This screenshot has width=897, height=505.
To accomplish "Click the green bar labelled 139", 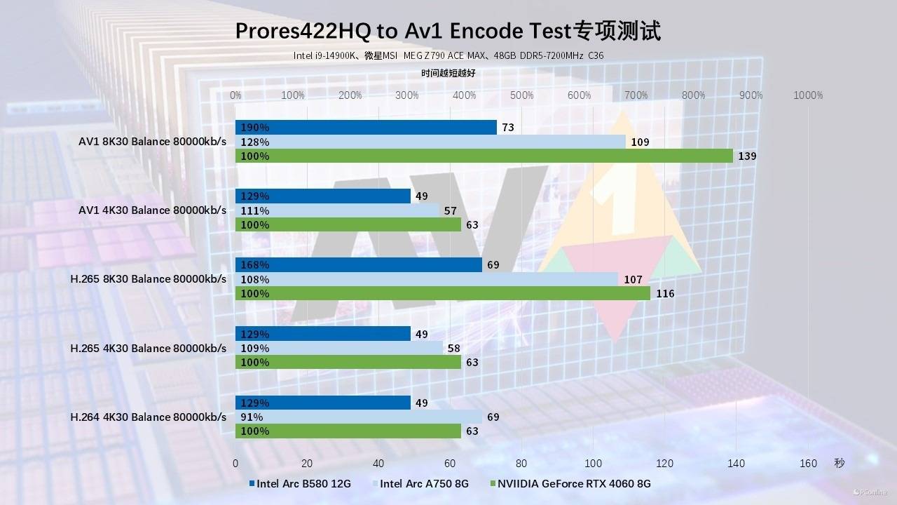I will [484, 156].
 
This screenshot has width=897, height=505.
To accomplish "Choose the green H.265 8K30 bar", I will [442, 293].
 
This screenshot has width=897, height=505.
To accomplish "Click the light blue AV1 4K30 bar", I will [337, 210].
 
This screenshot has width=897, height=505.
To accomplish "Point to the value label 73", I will [508, 128].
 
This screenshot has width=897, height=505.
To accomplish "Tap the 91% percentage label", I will [252, 417].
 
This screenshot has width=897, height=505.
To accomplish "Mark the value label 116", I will [665, 294].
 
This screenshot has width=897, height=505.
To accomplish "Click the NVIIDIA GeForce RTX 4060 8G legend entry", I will [574, 483].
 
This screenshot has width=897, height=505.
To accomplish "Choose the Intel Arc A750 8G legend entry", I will [424, 483].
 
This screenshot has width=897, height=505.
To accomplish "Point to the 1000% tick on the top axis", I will [808, 95].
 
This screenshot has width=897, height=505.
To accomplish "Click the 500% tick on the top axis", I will [521, 95].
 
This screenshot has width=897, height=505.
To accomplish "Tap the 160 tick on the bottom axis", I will [808, 463].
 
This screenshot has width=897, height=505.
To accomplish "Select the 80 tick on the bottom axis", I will [521, 463].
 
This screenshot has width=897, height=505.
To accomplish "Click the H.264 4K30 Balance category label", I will [149, 417].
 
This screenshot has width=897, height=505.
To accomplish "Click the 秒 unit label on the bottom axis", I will [840, 463].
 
